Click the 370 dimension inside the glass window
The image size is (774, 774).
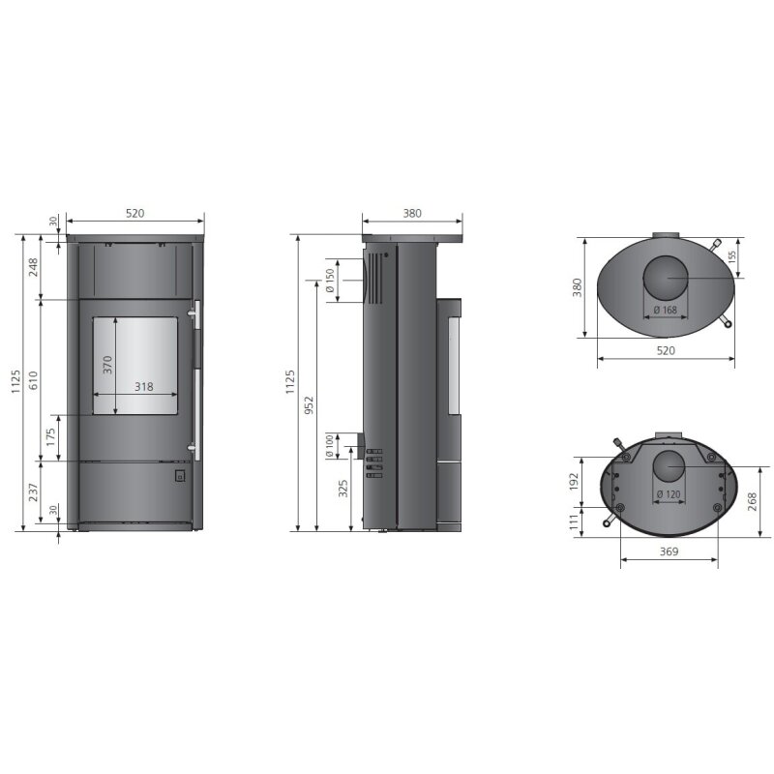pyautogui.click(x=108, y=365)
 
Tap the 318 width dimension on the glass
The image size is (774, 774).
pyautogui.click(x=143, y=387)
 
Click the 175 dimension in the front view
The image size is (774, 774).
pyautogui.click(x=50, y=437)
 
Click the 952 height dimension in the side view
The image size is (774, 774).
pyautogui.click(x=310, y=407)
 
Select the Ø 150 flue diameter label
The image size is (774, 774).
pyautogui.click(x=330, y=280)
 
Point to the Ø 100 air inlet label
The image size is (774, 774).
pyautogui.click(x=330, y=446)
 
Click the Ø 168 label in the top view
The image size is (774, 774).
pyautogui.click(x=665, y=310)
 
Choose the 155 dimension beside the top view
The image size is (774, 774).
pyautogui.click(x=732, y=256)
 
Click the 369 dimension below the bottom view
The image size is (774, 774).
pyautogui.click(x=668, y=551)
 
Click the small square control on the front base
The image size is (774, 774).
pyautogui.click(x=179, y=476)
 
